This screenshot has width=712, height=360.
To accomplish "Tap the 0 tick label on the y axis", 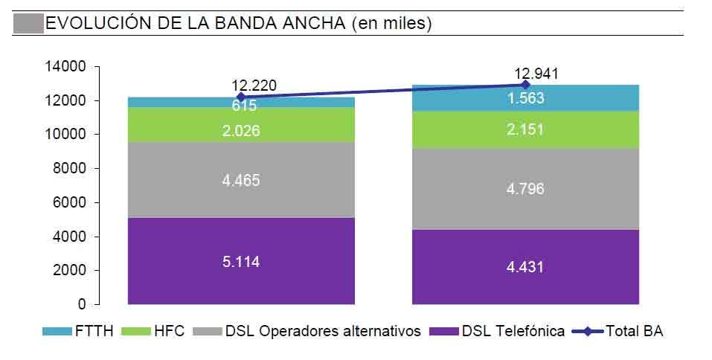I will point(83,304).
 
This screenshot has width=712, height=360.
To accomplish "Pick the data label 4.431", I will point(525,266).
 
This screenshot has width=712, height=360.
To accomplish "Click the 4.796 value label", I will point(525,189).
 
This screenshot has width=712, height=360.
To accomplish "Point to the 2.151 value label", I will point(525,129).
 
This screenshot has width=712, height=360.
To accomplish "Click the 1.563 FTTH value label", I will point(525,97).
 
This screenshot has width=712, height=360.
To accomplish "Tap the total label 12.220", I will point(254,86).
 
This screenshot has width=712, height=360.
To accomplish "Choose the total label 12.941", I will point(536,74).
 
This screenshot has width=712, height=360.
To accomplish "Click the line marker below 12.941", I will point(525,85).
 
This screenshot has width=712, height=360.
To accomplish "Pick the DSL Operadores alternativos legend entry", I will point(312,331).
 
